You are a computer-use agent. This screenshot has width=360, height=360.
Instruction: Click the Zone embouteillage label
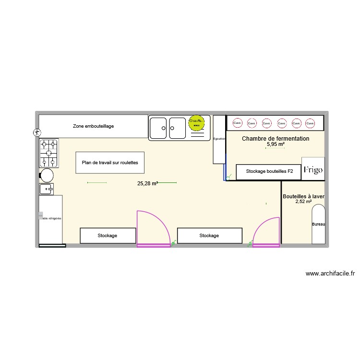point(93,126)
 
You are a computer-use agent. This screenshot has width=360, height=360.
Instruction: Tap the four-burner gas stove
point(49,153)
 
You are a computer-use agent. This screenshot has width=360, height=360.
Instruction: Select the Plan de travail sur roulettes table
point(110,163)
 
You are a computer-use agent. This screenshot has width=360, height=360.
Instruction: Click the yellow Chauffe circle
point(196,123)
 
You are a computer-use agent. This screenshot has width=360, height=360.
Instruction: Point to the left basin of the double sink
point(158,128)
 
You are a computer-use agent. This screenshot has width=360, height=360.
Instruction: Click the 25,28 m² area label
point(147,183)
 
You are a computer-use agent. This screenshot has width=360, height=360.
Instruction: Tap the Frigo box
point(312,169)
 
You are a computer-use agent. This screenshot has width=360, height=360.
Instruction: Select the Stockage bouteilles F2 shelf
point(268,171)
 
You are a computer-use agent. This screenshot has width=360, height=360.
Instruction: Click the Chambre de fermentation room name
point(276,139)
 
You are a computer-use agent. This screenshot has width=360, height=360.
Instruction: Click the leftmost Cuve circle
point(237,123)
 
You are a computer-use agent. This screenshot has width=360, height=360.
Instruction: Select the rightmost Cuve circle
point(311,123)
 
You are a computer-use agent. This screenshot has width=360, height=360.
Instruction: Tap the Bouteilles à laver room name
point(303,196)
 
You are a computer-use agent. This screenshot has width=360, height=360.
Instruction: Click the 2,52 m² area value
point(303,202)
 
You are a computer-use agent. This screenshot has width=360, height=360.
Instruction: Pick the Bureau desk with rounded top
point(319,224)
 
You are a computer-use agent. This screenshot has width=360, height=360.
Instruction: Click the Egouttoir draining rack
point(219,139)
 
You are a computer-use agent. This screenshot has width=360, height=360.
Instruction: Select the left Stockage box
point(108,236)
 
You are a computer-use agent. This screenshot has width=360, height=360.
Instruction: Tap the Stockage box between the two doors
point(209,236)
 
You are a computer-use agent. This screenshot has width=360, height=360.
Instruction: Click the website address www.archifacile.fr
point(330,274)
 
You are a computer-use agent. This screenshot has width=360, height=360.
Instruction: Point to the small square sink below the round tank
point(47,189)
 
